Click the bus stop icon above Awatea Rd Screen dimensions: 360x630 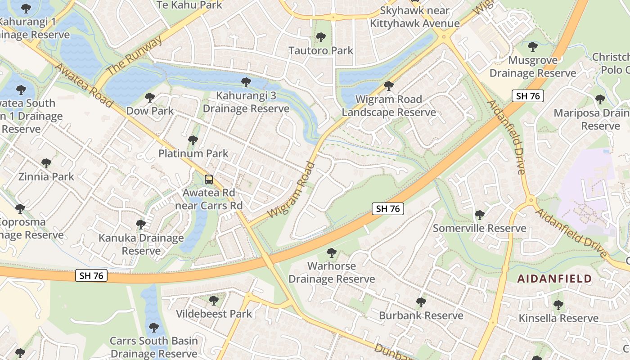pos(209,180)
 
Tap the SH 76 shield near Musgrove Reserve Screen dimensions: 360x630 pos(527,95)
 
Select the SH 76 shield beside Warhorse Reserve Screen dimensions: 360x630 pos(387,208)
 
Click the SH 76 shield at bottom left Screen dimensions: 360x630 pos(91,275)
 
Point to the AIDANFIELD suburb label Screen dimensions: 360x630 pos(554,279)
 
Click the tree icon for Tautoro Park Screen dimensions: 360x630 pos(320,37)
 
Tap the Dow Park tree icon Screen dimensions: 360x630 pos(149,97)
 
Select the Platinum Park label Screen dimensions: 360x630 pos(193,153)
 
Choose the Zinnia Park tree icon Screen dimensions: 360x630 pos(46,163)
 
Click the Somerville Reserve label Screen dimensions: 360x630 pos(479,228)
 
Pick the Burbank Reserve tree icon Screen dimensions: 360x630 pos(421,302)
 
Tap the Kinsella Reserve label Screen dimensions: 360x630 pos(558,318)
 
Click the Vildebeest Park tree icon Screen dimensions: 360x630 pos(214,300)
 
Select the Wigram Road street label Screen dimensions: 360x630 pos(290,189)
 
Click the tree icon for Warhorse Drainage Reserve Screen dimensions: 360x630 pos(332,253)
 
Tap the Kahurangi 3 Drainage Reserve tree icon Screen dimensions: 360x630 pos(246,82)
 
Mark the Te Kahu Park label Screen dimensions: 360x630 pos(189,5)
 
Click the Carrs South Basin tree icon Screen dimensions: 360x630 pos(154,327)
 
